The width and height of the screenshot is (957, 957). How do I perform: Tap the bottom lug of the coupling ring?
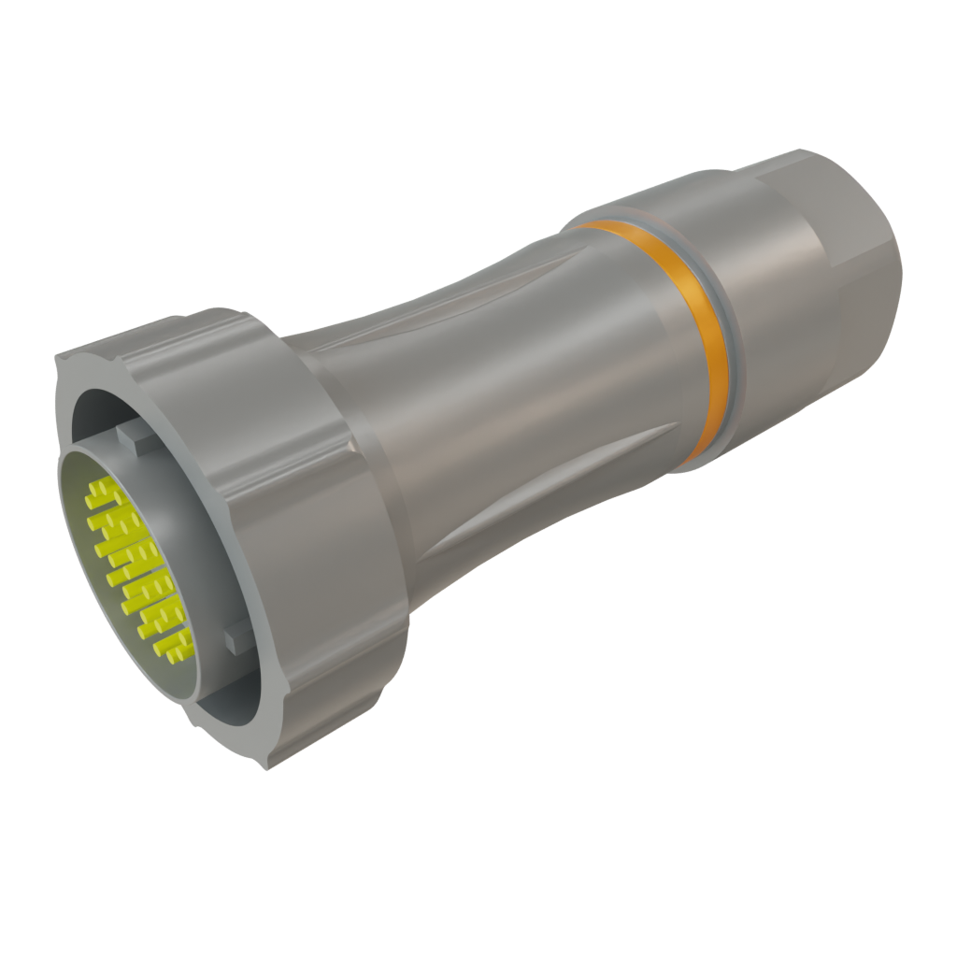click(280, 748)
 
